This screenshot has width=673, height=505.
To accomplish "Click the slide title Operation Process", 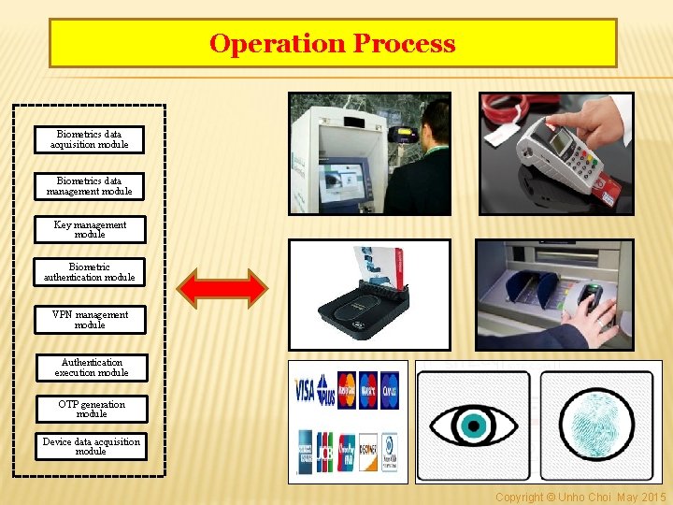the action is (333, 43).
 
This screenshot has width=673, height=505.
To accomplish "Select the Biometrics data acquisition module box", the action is (90, 139).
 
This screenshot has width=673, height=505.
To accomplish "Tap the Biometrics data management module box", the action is (90, 186).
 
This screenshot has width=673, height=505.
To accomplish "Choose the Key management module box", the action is (90, 230).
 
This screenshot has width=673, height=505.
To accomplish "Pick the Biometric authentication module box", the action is (90, 272).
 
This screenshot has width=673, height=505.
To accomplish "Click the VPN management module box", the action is (90, 320).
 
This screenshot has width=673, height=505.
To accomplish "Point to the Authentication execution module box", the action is (92, 368).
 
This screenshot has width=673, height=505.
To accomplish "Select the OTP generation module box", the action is (92, 409).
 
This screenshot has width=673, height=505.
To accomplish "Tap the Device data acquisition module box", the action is (91, 446).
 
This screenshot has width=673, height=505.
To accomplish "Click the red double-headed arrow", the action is (222, 287).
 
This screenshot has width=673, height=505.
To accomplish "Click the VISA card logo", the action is (305, 389).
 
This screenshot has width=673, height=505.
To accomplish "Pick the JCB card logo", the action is (324, 451).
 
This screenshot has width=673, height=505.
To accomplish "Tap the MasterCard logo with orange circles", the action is (347, 389).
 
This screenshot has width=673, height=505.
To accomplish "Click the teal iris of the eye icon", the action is (472, 426).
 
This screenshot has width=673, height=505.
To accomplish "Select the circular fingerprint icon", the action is (597, 426).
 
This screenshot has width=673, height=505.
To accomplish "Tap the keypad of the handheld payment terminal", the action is (584, 159).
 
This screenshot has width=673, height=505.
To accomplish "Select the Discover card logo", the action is (368, 451).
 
